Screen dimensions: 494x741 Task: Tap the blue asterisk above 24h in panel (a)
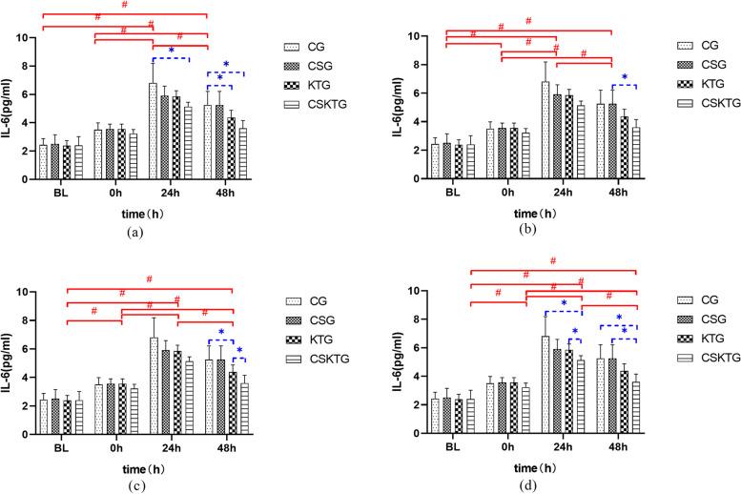click(171, 51)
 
